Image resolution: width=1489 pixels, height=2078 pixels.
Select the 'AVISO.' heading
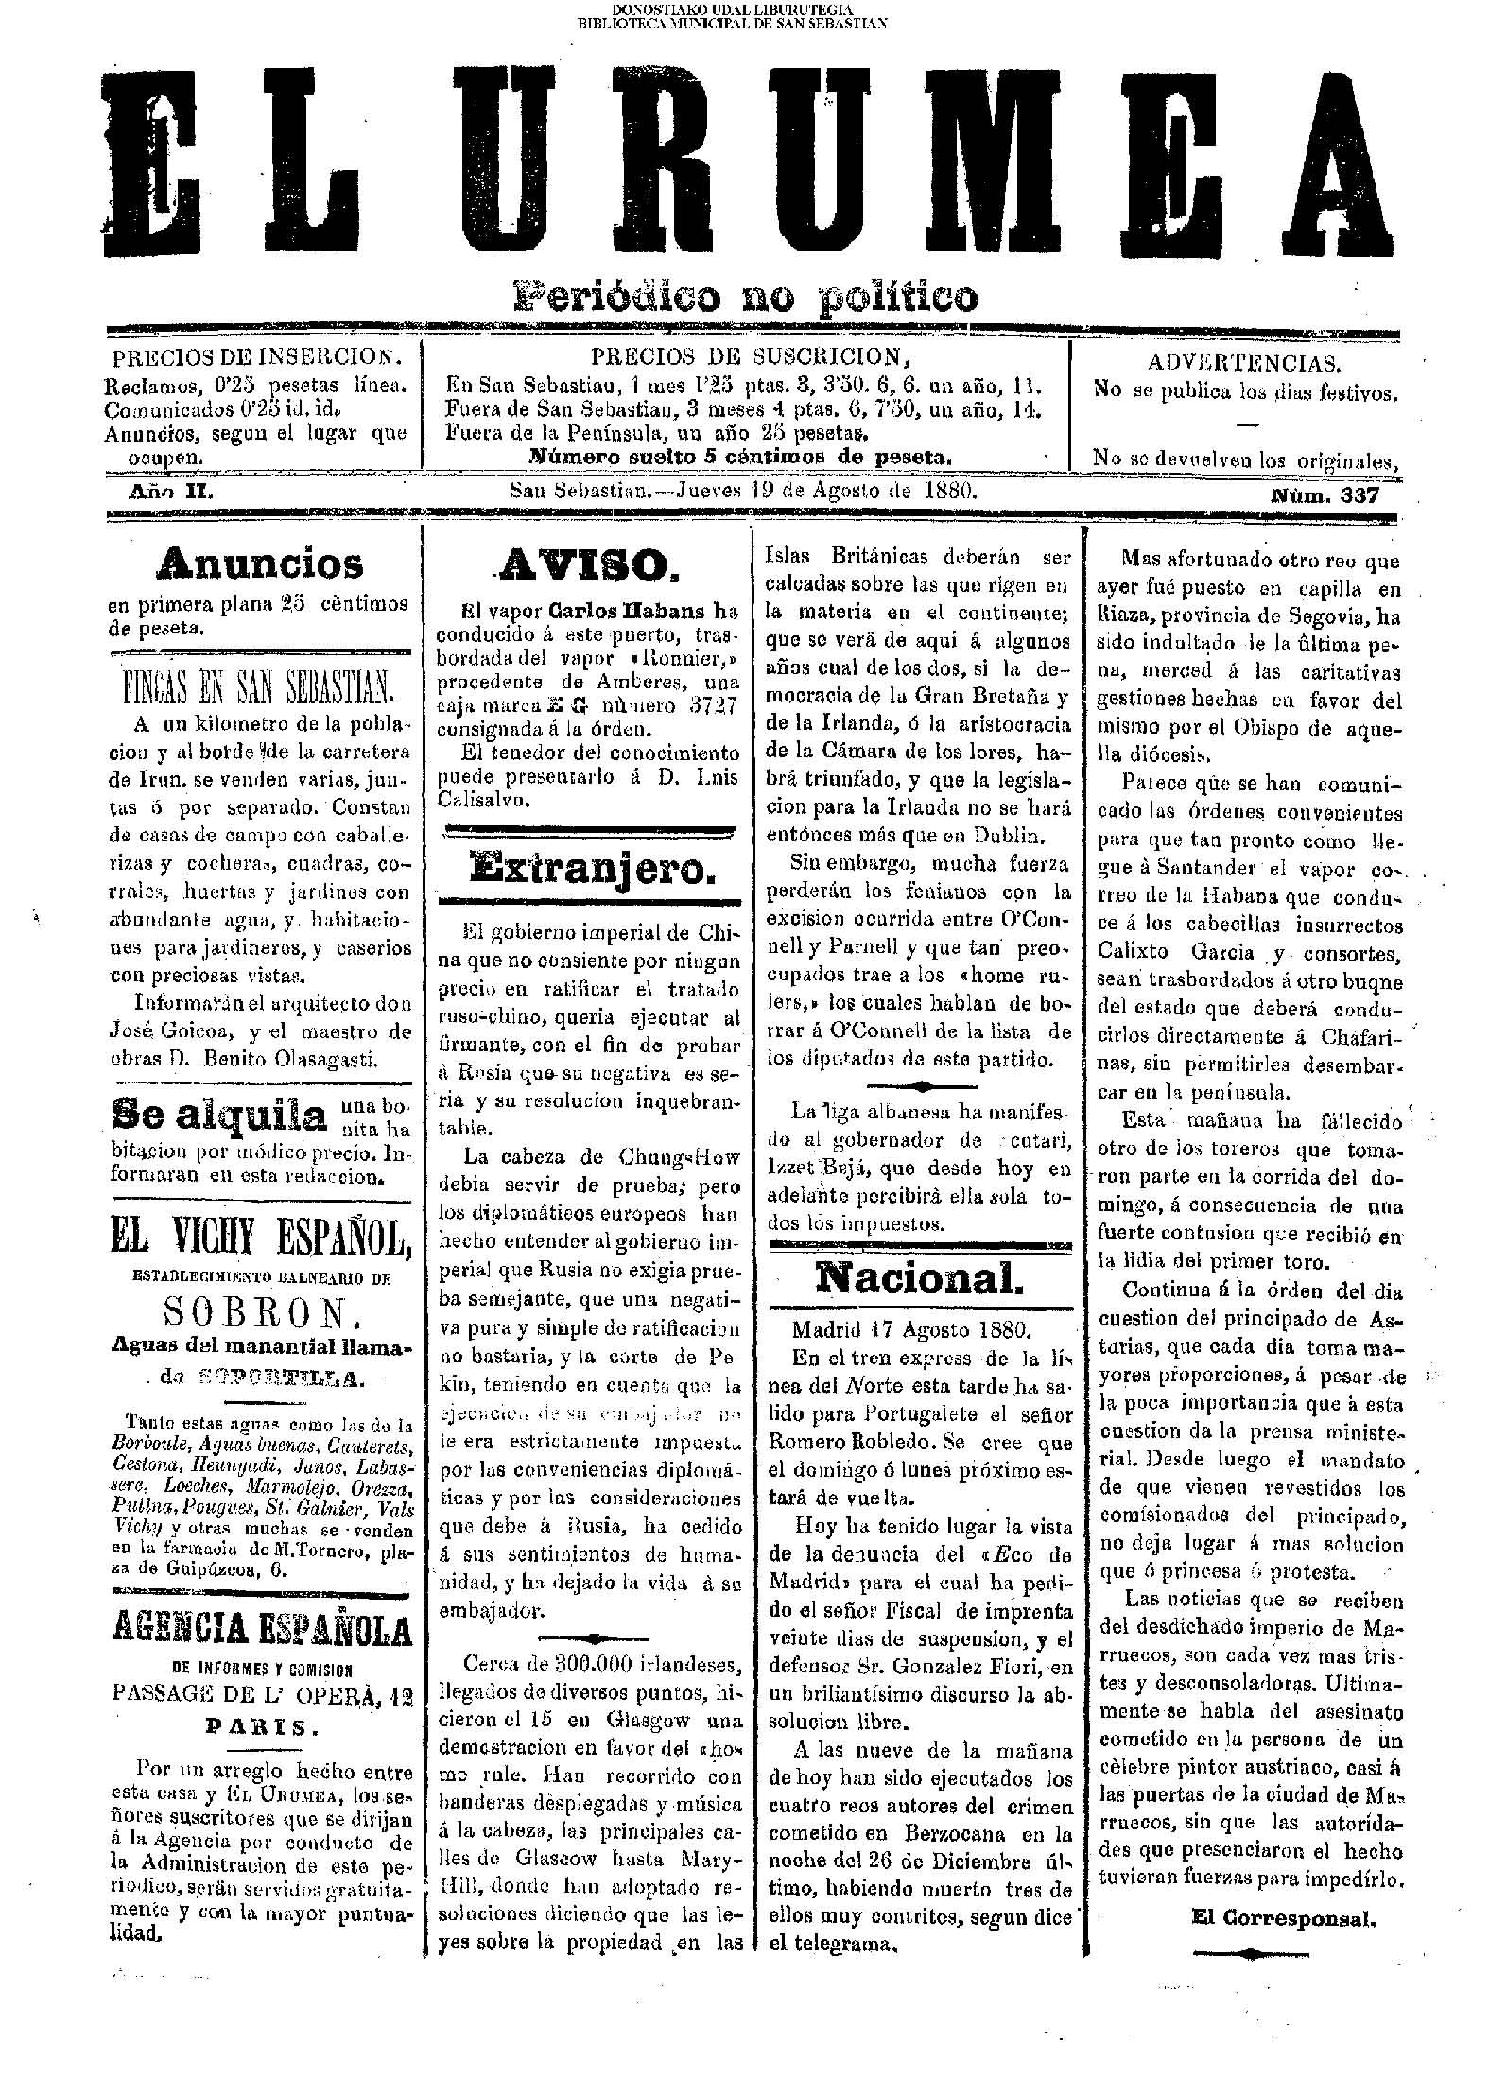click(587, 566)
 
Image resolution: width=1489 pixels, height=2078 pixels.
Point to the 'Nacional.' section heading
click(919, 1278)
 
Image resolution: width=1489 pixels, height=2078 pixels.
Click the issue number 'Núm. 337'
click(1325, 494)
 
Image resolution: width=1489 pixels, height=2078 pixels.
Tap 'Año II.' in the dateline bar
click(171, 493)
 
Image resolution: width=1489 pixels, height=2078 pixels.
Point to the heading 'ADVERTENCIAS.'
click(1244, 363)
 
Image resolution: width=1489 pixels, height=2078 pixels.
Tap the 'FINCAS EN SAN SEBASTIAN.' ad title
click(258, 690)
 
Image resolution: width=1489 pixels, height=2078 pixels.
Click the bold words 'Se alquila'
click(218, 1115)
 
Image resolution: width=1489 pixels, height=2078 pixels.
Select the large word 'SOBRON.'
click(260, 1312)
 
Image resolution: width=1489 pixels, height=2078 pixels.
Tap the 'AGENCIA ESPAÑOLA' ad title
click(262, 1628)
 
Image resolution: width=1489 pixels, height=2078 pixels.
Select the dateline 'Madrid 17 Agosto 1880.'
click(909, 1330)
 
